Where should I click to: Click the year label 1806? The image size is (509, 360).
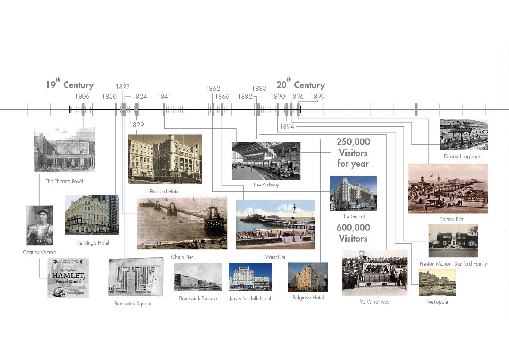pyautogui.click(x=82, y=97)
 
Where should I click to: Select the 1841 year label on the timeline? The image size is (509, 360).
pyautogui.click(x=164, y=97)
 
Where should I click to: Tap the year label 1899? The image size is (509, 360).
pyautogui.click(x=318, y=97)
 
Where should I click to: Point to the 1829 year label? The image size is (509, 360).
pyautogui.click(x=136, y=125)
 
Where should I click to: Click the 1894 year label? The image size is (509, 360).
pyautogui.click(x=287, y=127)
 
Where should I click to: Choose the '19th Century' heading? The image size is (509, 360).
pyautogui.click(x=70, y=85)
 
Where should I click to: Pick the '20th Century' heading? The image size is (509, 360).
pyautogui.click(x=300, y=85)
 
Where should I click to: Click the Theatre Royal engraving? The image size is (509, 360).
pyautogui.click(x=65, y=150)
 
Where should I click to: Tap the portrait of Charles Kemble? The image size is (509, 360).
pyautogui.click(x=39, y=225)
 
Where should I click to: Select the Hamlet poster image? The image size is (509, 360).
pyautogui.click(x=68, y=278)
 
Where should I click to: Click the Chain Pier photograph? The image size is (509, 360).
pyautogui.click(x=182, y=222)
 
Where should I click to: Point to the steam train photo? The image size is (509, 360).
pyautogui.click(x=266, y=161)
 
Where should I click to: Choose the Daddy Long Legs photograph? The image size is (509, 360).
pyautogui.click(x=464, y=135)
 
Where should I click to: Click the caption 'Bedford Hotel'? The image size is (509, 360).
pyautogui.click(x=165, y=192)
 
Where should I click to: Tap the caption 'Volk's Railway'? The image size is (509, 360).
pyautogui.click(x=375, y=302)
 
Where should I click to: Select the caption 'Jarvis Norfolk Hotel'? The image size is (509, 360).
pyautogui.click(x=250, y=298)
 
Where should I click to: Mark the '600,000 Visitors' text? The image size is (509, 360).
pyautogui.click(x=353, y=233)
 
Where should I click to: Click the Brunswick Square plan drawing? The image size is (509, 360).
pyautogui.click(x=135, y=277)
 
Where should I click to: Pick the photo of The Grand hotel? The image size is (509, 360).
pyautogui.click(x=353, y=193)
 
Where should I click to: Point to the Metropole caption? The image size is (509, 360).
pyautogui.click(x=437, y=302)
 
